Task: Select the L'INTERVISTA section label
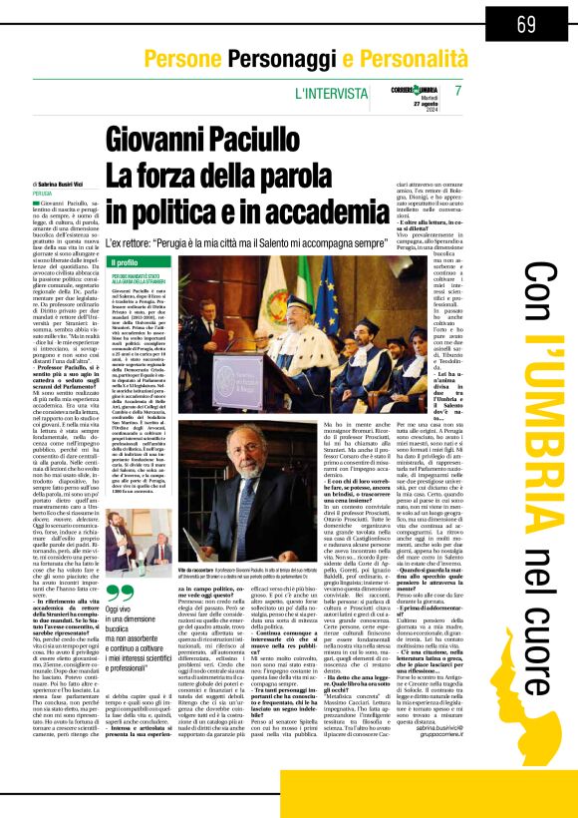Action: click(x=327, y=94)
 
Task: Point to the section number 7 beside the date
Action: click(x=457, y=91)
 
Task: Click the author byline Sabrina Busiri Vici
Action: click(x=66, y=157)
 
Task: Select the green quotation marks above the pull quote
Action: click(x=117, y=592)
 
